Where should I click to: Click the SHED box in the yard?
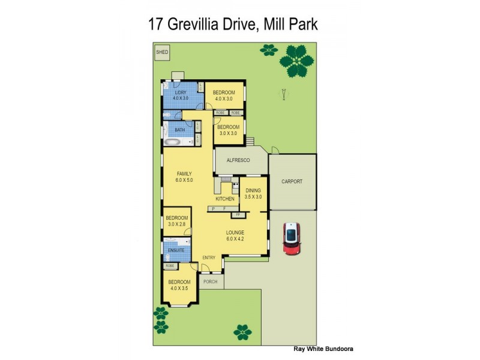[162, 52]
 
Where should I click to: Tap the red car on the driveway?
[292, 238]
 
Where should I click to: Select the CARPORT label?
[292, 182]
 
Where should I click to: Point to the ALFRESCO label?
[238, 160]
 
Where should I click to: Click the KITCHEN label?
[224, 199]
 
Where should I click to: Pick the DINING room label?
[253, 190]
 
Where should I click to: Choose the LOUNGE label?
[235, 232]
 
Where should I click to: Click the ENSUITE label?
[176, 249]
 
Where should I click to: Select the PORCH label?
[210, 281]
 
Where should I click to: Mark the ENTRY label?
[209, 258]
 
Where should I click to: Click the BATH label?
[180, 130]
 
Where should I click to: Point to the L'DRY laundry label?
[181, 92]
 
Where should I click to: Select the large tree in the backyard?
[298, 62]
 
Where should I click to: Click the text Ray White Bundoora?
[323, 348]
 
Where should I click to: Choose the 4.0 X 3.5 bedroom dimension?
[179, 288]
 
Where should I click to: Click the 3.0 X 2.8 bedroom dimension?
[177, 224]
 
